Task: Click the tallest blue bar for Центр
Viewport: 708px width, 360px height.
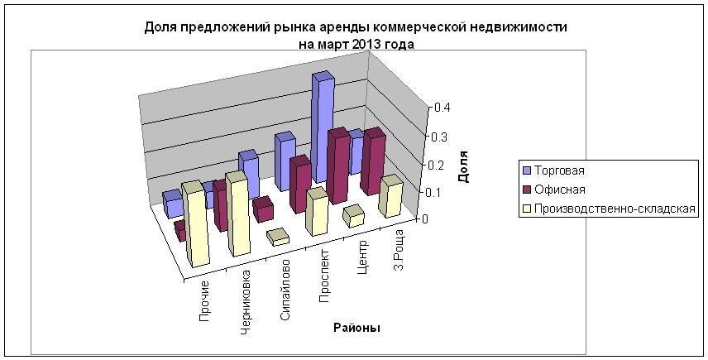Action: [322, 124]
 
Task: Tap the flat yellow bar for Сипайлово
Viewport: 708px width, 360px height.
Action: [278, 238]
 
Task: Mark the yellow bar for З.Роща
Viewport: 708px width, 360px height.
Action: [390, 195]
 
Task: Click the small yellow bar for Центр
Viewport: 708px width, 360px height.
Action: [353, 216]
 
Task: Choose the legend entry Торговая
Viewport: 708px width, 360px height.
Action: [559, 170]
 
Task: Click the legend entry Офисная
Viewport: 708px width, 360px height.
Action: [559, 190]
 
